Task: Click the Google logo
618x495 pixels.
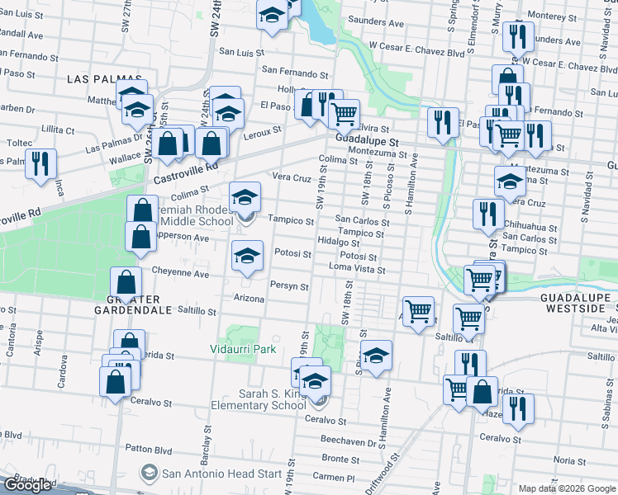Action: [27, 485]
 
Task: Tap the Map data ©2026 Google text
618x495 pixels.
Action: [566, 488]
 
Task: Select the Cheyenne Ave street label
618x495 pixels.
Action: [180, 271]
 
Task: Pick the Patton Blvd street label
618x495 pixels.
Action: [149, 449]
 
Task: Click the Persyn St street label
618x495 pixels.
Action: [288, 287]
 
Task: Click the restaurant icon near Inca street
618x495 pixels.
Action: [40, 163]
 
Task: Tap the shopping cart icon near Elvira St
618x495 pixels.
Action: [344, 113]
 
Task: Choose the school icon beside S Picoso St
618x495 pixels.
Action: [376, 355]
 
